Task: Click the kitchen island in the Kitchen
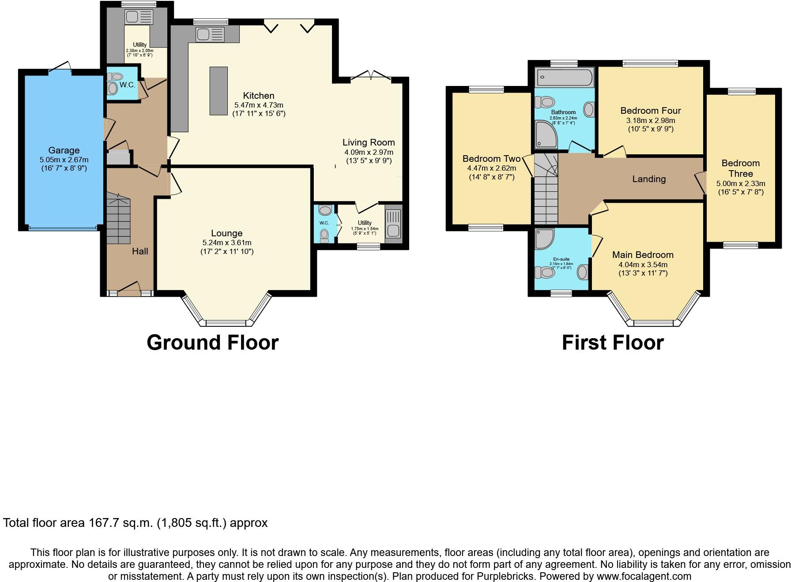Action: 218,91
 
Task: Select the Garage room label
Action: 64,150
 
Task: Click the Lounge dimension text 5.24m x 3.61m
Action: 227,243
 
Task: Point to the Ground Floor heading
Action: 212,343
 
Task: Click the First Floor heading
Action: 613,343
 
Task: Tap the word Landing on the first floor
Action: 648,179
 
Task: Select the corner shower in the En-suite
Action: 544,239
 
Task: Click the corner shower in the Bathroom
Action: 546,135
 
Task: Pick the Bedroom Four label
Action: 650,111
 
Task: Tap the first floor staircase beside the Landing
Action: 546,190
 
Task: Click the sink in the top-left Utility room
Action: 139,17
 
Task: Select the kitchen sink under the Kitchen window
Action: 210,34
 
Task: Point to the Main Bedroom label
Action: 643,255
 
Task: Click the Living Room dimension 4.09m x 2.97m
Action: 369,152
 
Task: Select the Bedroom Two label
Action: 491,159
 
